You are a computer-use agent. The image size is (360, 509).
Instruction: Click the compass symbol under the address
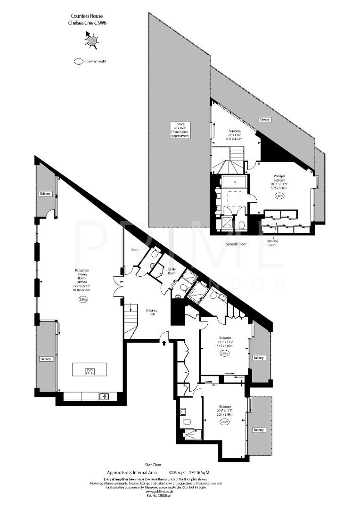(91, 41)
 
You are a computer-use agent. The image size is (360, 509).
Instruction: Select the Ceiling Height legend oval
(78, 61)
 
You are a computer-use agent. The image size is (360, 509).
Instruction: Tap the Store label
(134, 250)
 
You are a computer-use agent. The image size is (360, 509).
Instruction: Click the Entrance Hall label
(152, 312)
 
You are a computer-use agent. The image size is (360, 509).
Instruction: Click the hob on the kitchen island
(89, 371)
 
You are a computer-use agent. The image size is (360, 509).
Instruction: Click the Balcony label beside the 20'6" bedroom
(259, 430)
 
